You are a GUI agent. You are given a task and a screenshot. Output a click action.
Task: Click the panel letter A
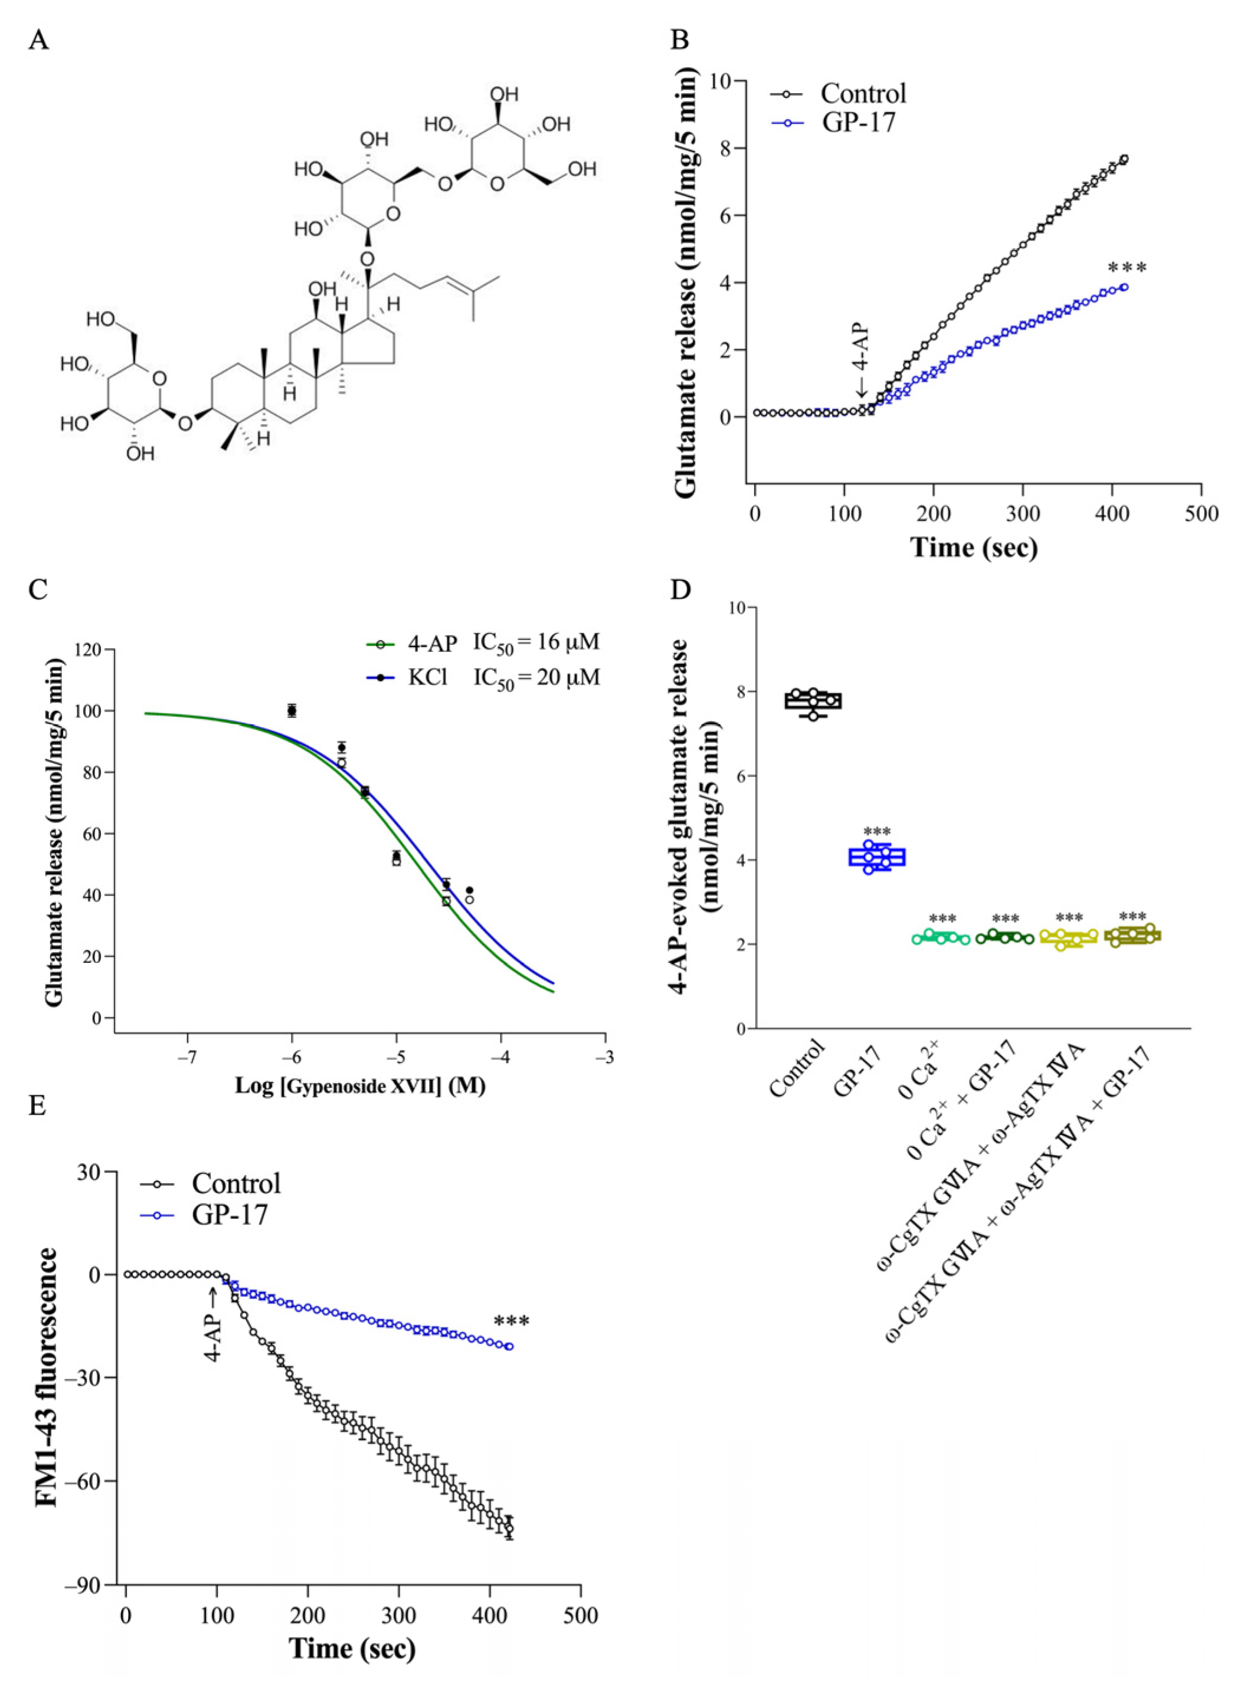click(39, 40)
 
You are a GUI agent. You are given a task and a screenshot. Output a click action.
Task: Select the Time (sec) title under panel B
click(973, 547)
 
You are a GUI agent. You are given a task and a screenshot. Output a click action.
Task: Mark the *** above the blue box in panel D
click(877, 832)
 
